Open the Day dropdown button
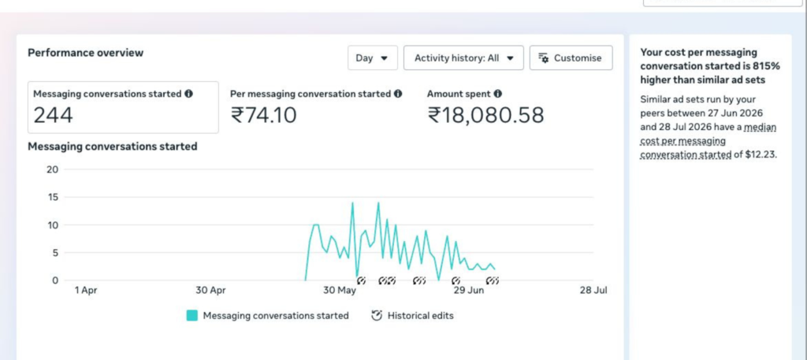373,58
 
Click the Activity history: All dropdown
463,58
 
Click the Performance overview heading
85,53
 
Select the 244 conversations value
53,115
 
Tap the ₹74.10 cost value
263,115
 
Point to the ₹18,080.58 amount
485,115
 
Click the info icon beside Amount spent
498,94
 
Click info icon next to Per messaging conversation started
398,94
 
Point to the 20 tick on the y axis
53,169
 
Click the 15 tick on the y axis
53,198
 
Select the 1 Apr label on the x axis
85,291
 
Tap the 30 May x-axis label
340,291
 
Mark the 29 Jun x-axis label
468,291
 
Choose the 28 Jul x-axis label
593,291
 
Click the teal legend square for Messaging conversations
192,316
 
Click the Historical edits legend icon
377,315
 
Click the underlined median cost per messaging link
708,141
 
